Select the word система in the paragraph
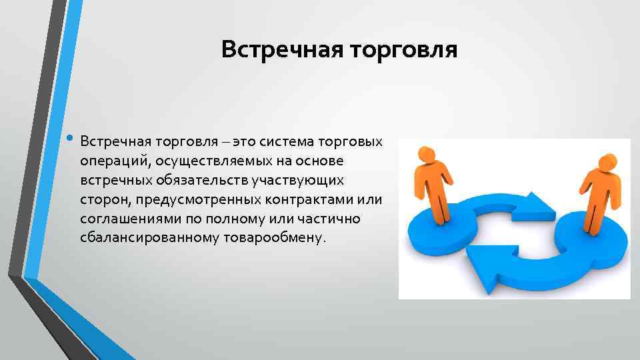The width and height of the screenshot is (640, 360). (289, 141)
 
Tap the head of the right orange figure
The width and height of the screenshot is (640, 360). (607, 162)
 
